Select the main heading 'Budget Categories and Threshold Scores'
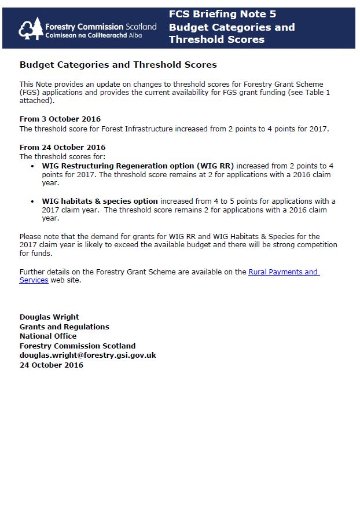click(118, 65)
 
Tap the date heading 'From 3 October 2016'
click(60, 119)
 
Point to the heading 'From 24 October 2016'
click(63, 147)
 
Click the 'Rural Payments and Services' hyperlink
click(284, 272)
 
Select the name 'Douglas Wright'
click(49, 317)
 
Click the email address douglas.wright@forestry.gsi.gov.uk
click(87, 355)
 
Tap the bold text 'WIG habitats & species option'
click(100, 201)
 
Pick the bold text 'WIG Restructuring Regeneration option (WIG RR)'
click(138, 166)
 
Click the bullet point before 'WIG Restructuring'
click(32, 166)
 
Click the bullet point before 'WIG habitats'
click(32, 201)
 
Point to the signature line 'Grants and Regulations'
click(64, 327)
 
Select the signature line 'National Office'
click(48, 336)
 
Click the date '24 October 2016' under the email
click(52, 365)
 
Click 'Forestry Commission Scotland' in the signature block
click(78, 346)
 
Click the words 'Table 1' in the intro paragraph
click(317, 93)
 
